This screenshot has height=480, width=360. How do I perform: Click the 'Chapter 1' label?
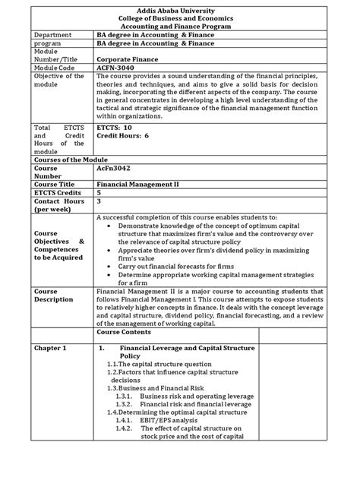coord(43,347)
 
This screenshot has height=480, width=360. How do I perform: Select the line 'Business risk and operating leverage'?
coord(194,396)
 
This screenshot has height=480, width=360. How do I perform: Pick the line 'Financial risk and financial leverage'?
coord(195,406)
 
